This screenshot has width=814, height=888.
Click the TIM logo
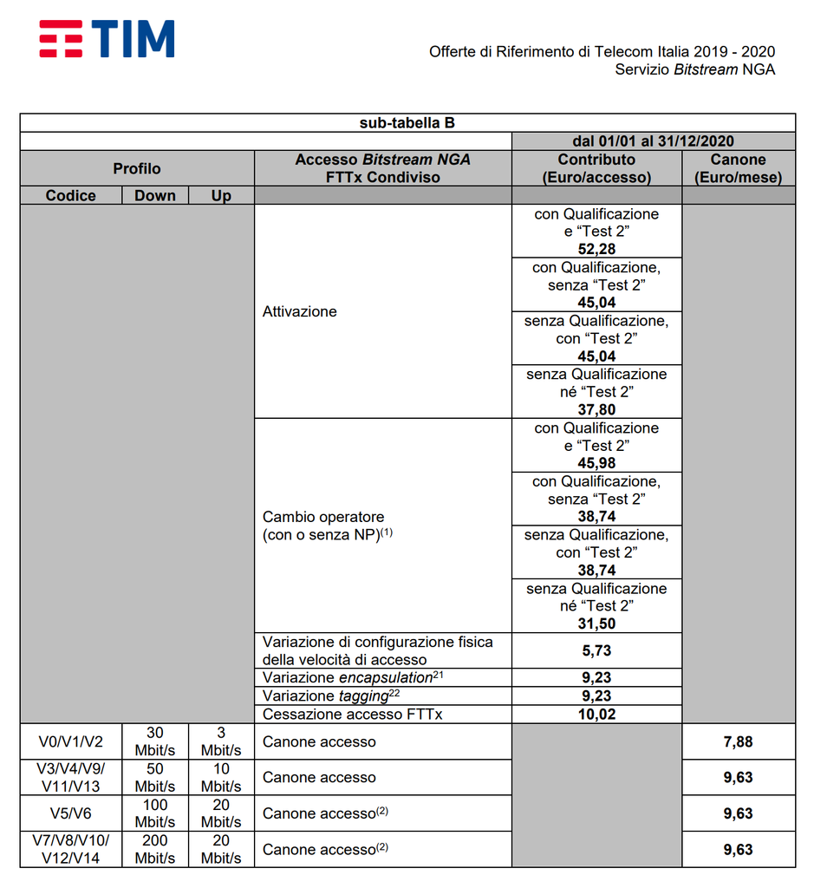pos(107,39)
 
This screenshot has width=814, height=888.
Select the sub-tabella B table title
pos(407,123)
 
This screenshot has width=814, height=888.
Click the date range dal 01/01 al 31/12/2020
pos(653,141)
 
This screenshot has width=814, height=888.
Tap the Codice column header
pos(71,196)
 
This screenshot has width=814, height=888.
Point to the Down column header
pos(155,196)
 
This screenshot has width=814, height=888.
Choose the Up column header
pos(221,196)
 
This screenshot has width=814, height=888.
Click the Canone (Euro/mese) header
pos(739,168)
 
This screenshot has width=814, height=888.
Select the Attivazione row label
pos(300,311)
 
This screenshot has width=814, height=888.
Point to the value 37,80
pos(596,409)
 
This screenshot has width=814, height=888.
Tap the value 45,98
pos(596,463)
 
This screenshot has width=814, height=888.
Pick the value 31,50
pos(596,624)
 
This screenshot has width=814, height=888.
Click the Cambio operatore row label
pos(323,526)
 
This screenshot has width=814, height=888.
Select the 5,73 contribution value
pos(596,650)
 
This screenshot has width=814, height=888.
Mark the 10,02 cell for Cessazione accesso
pos(596,715)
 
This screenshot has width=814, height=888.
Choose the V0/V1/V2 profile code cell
pos(71,742)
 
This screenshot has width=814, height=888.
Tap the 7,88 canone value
pos(739,742)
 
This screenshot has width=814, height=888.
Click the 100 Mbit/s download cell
pos(155,813)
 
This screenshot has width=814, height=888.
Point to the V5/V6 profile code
pos(71,813)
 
